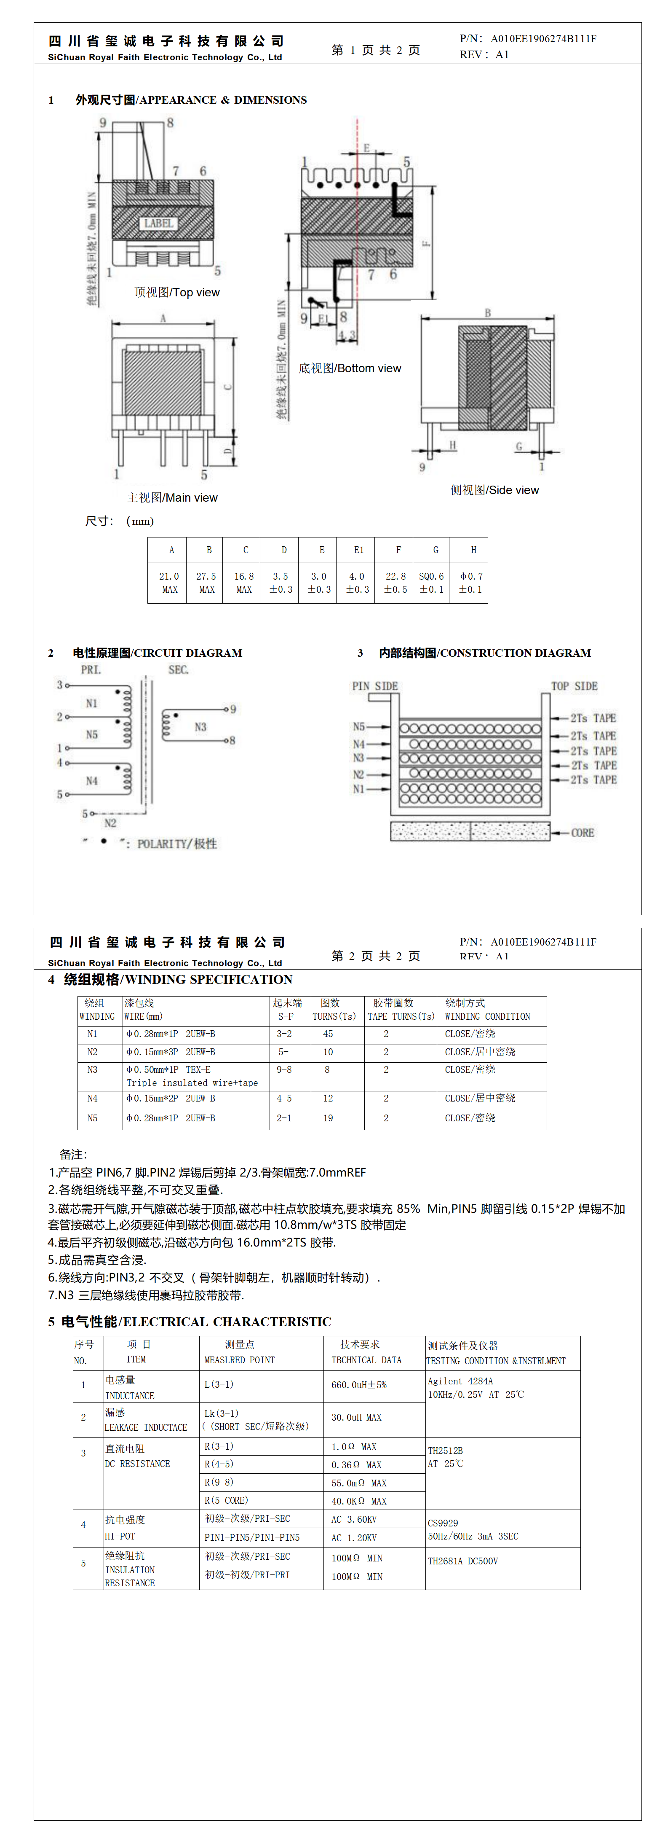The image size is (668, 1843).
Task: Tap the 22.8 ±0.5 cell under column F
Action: (x=395, y=583)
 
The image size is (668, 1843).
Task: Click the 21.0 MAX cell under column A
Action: (x=169, y=583)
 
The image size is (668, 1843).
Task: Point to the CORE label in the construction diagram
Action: (x=582, y=833)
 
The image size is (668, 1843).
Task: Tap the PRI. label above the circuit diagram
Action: (x=91, y=670)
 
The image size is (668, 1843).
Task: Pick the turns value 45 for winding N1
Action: (x=328, y=1034)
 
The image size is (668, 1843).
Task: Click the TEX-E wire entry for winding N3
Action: (x=198, y=1069)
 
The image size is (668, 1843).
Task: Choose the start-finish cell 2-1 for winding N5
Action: (x=284, y=1118)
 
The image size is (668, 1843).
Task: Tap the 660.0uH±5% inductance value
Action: (x=358, y=1384)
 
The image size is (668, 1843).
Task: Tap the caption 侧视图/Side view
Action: (x=494, y=490)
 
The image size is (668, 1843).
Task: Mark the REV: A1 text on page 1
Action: (x=484, y=54)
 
